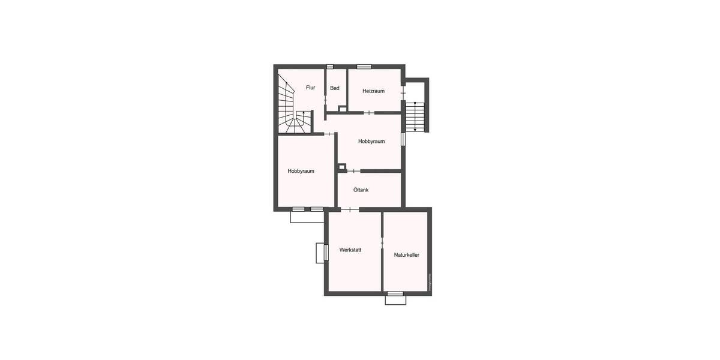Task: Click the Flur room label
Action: click(x=310, y=88)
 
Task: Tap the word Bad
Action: click(x=335, y=88)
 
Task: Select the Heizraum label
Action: click(x=373, y=91)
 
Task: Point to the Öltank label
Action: click(x=361, y=190)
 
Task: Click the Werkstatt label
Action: click(x=350, y=250)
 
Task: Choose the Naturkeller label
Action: click(x=406, y=255)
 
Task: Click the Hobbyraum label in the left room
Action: click(x=301, y=171)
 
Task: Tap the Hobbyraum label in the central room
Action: click(x=371, y=142)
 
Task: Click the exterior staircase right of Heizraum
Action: click(x=415, y=116)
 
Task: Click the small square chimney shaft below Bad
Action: click(x=343, y=109)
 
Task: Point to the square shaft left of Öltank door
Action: click(x=341, y=167)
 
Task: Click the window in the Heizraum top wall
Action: click(x=364, y=66)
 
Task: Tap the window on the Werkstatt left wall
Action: click(x=326, y=253)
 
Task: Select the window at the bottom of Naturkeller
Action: click(x=395, y=293)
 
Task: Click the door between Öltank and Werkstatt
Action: click(x=349, y=209)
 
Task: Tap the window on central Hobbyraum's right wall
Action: click(x=403, y=139)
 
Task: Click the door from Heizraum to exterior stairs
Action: click(x=403, y=94)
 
